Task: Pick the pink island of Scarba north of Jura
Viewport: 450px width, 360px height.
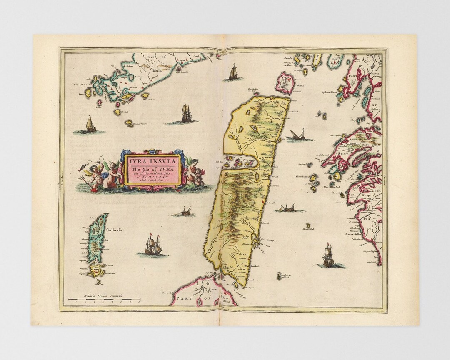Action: click(x=286, y=82)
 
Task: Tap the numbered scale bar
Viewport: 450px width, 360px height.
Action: click(x=104, y=300)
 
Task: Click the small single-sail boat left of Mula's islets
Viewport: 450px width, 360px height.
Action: click(x=89, y=125)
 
